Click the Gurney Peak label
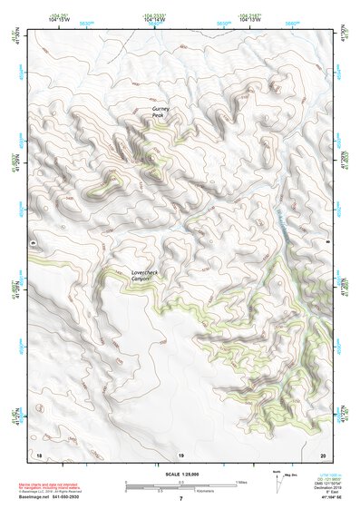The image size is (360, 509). coord(160,113)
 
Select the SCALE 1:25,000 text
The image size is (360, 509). coord(180,472)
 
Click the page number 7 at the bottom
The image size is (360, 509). coord(180,499)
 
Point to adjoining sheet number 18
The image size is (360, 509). coord(39,454)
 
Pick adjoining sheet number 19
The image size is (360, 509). coord(180,454)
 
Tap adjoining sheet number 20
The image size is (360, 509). coord(323,454)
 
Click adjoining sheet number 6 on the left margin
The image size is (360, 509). coord(34,243)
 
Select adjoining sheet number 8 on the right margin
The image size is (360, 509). coord(327,243)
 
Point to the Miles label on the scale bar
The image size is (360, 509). coord(240,481)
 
